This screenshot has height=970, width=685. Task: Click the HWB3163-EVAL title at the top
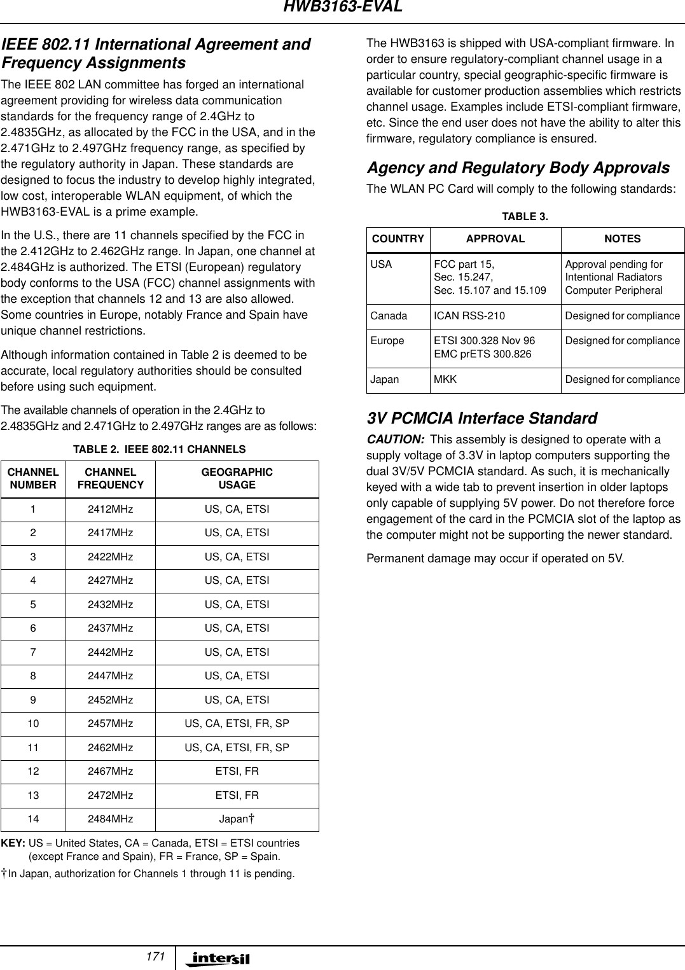coord(342,8)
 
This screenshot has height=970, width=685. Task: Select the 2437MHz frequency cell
coord(111,628)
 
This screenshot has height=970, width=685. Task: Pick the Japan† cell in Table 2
coord(237,819)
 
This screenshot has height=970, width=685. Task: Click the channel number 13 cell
coord(33,796)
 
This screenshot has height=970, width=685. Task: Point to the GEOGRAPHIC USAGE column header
coord(237,478)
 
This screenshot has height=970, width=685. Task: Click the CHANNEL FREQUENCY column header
coord(111,478)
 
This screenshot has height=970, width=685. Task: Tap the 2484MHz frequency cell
coord(111,819)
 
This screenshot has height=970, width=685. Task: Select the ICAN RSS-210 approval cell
coord(469,316)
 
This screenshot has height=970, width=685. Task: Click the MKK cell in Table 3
coord(445,380)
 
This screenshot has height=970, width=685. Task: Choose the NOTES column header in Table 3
coord(622,239)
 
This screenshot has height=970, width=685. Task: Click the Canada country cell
coord(389,316)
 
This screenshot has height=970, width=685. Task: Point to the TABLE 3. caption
coord(525,217)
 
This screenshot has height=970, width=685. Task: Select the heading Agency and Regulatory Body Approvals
coord(518,168)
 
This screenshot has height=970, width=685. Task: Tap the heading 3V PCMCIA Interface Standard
coord(482,419)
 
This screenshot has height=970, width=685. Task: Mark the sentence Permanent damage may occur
coord(495,559)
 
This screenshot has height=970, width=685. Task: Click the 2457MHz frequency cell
coord(111,724)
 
